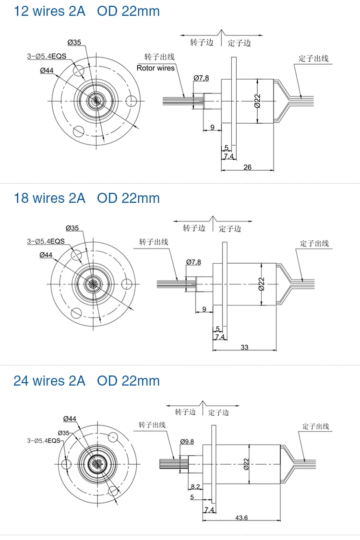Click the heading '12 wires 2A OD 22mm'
pyautogui.click(x=86, y=11)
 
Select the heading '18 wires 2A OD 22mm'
pyautogui.click(x=86, y=198)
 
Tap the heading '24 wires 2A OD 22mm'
pyautogui.click(x=86, y=381)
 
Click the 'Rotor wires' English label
pyautogui.click(x=156, y=68)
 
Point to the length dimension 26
pyautogui.click(x=248, y=167)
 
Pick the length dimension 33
pyautogui.click(x=244, y=347)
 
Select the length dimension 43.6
pyautogui.click(x=241, y=517)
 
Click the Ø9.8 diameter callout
pyautogui.click(x=187, y=442)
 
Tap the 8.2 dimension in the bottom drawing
pyautogui.click(x=195, y=487)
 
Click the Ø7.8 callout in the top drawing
pyautogui.click(x=202, y=78)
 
